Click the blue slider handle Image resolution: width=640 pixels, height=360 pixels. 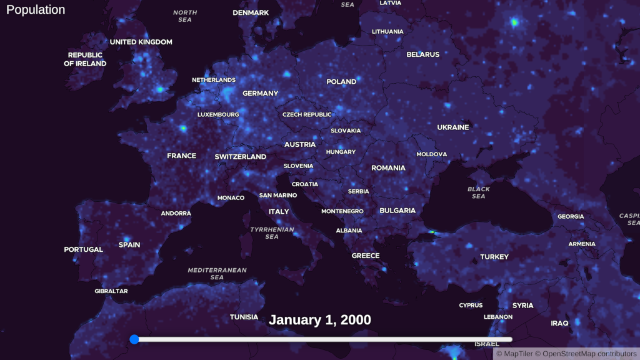point(134,339)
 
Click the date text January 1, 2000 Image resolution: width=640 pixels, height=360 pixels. point(320,320)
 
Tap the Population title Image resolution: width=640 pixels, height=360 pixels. point(36,10)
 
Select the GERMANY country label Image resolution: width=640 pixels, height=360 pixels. point(260,93)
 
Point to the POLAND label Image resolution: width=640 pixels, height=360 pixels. point(341,82)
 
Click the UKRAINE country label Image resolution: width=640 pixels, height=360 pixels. point(452,127)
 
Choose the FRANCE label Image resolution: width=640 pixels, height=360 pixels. point(181,156)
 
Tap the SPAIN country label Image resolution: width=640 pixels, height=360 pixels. point(129,244)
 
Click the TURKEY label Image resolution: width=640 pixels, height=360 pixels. point(494,257)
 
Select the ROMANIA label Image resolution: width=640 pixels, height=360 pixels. point(388,167)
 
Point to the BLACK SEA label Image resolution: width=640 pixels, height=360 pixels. point(479,192)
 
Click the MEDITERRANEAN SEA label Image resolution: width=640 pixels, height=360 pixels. point(217,274)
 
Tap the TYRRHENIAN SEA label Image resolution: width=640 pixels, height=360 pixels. point(272,233)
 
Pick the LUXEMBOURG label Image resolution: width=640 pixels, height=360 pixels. point(218,115)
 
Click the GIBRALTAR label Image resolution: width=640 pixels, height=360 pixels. point(111,291)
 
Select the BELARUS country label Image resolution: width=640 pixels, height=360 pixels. point(423,54)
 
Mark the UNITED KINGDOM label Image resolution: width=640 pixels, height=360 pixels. point(141,42)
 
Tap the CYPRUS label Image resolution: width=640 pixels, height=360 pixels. point(471,306)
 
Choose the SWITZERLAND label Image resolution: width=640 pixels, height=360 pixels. point(240,157)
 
